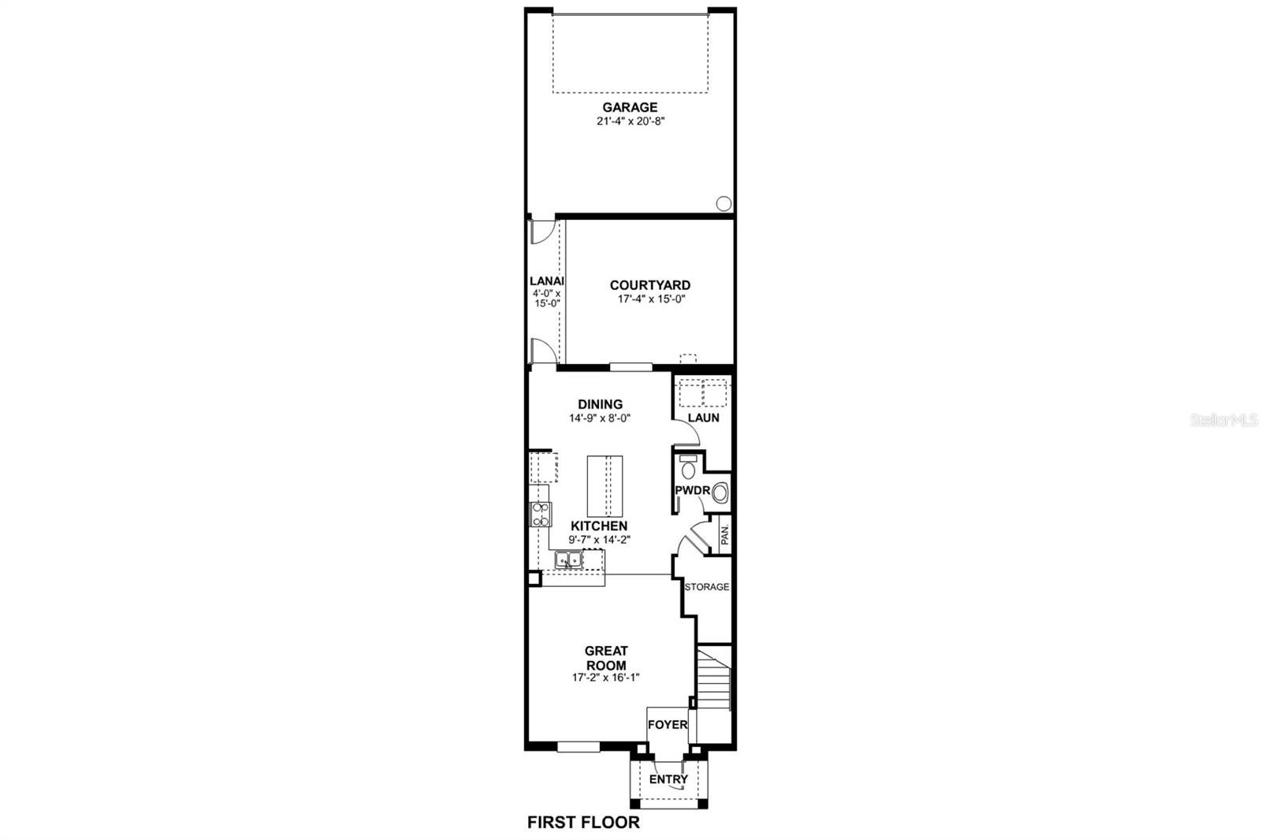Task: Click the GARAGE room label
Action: [630, 107]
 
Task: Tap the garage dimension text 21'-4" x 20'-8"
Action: [631, 121]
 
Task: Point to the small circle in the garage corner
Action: [723, 203]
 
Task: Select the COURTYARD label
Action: [650, 285]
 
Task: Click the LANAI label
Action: [547, 281]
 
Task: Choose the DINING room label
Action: [600, 404]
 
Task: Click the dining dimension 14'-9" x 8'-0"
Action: [600, 418]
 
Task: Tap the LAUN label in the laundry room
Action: [704, 418]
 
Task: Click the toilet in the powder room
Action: [688, 467]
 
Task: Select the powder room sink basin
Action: [720, 493]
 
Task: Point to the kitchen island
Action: [604, 486]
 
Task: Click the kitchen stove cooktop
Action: [541, 515]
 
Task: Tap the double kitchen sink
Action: [568, 560]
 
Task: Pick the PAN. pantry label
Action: [724, 533]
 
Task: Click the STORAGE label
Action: [707, 586]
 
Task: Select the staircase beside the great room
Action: [713, 679]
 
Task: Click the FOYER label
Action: [668, 725]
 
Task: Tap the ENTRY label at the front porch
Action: [668, 779]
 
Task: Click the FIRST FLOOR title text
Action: [583, 823]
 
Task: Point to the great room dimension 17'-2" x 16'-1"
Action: [606, 678]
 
